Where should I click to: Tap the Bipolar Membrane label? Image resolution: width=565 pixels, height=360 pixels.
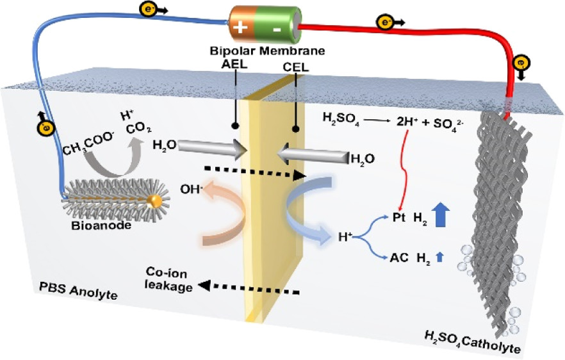point(267,50)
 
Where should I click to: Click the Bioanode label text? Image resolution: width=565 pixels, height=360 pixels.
point(95,226)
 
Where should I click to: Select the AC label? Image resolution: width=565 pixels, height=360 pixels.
point(398,259)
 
